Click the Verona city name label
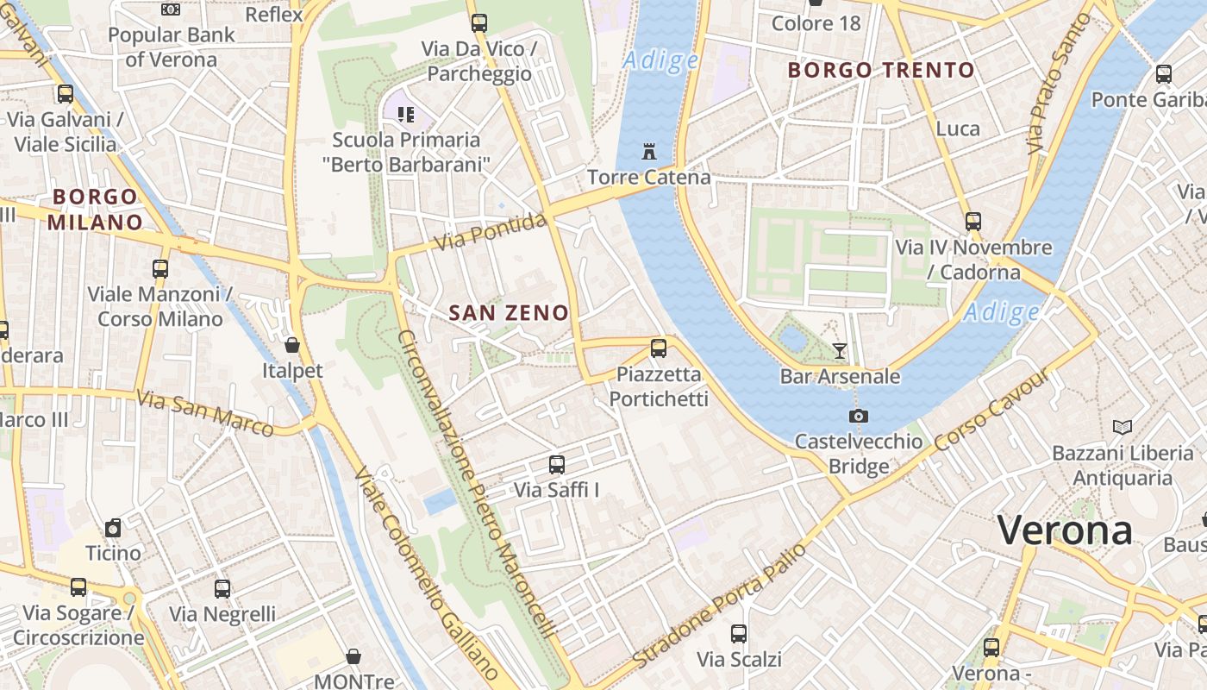[1065, 530]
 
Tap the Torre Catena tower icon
[649, 152]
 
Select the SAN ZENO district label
[509, 313]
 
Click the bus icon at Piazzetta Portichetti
[659, 348]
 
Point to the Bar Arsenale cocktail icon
[840, 350]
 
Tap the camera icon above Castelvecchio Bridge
[858, 416]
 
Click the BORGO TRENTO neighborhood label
[881, 70]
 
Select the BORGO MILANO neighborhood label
[95, 210]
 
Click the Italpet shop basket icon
[292, 345]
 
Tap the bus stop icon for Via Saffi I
[557, 464]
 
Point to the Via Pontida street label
[490, 233]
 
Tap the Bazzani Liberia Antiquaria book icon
[1122, 427]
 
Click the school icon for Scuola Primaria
[406, 114]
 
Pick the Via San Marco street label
[205, 412]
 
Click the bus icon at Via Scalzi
[739, 634]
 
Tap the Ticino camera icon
[113, 528]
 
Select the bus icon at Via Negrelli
[222, 589]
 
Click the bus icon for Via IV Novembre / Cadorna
[973, 222]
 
